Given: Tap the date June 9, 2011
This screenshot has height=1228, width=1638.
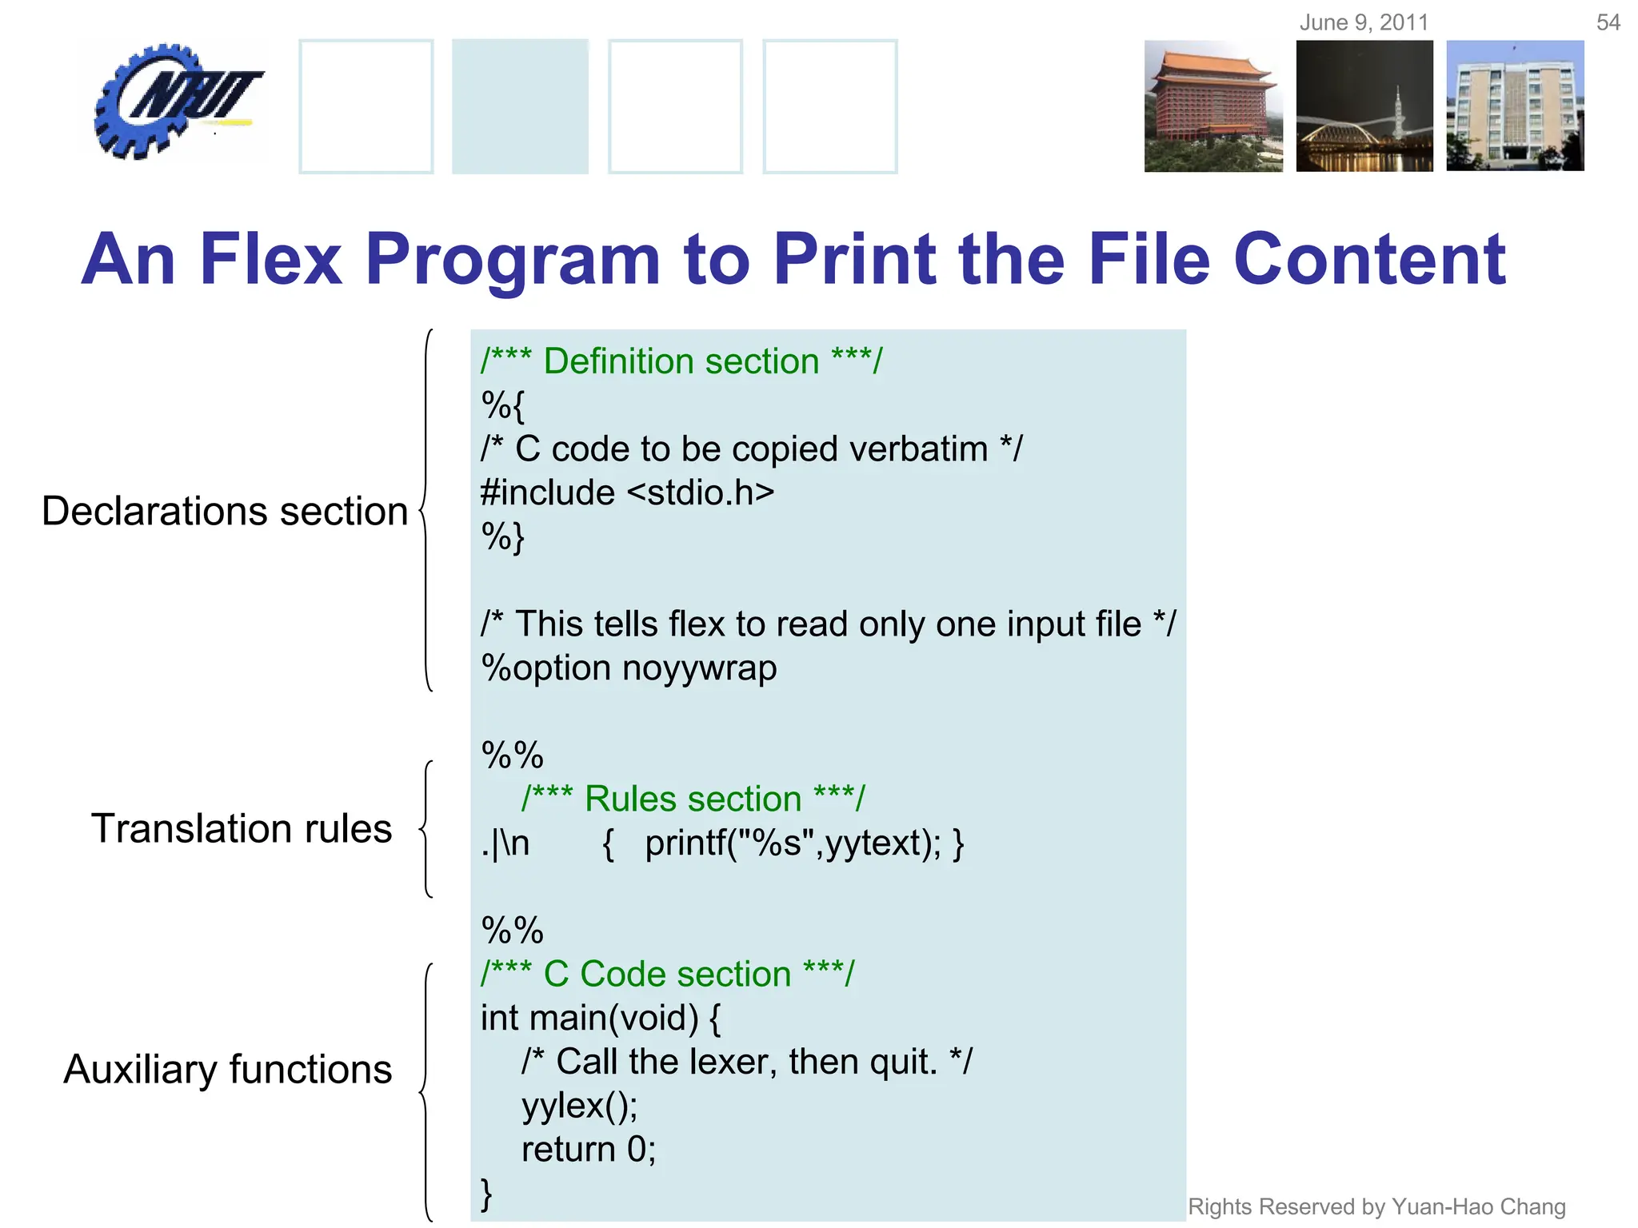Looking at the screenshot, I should click(1363, 22).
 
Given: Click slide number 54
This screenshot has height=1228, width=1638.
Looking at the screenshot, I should click(1608, 22).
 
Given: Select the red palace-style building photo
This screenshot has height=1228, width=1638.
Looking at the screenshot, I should click(1213, 106).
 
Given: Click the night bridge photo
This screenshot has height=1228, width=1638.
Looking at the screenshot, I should click(1364, 106).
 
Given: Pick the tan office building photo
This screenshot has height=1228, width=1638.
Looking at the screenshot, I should click(1515, 106).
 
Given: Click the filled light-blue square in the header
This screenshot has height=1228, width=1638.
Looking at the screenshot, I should click(520, 106).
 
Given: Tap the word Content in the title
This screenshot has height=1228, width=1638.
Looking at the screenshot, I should click(1369, 259).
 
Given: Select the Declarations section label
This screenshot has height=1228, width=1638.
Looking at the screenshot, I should click(225, 511).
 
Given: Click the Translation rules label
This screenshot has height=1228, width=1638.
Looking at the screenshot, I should click(242, 828).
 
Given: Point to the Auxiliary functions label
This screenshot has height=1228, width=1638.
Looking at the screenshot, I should click(228, 1070).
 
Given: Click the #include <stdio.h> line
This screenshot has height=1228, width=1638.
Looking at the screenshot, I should click(627, 492).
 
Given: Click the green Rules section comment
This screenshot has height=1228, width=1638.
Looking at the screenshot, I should click(693, 799).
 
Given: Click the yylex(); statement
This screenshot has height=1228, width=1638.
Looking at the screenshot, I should click(579, 1106).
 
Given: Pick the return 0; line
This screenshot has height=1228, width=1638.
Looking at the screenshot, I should click(588, 1150).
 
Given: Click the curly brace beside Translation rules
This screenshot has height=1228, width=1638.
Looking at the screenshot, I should click(427, 828).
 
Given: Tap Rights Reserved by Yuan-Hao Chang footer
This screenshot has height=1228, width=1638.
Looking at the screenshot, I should click(1376, 1206).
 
